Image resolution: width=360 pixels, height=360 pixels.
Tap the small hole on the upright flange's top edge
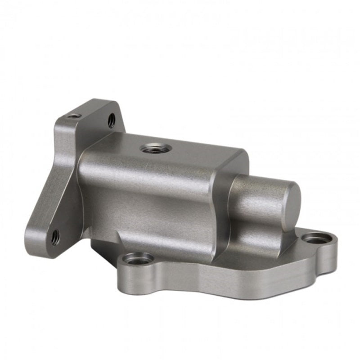click(74, 116)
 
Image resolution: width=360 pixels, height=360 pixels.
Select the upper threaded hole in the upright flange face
click(111, 120)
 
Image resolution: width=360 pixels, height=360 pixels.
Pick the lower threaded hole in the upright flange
click(55, 237)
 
